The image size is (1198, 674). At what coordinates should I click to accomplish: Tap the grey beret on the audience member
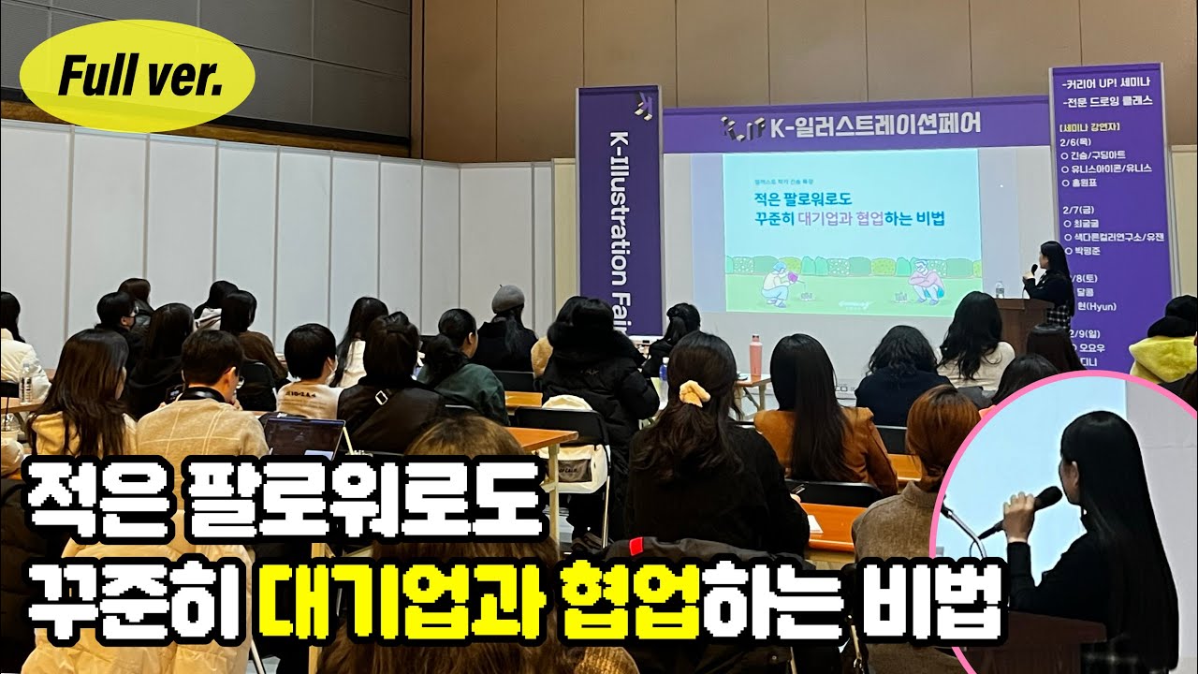509,298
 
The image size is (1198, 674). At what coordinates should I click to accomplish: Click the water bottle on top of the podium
1000,289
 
